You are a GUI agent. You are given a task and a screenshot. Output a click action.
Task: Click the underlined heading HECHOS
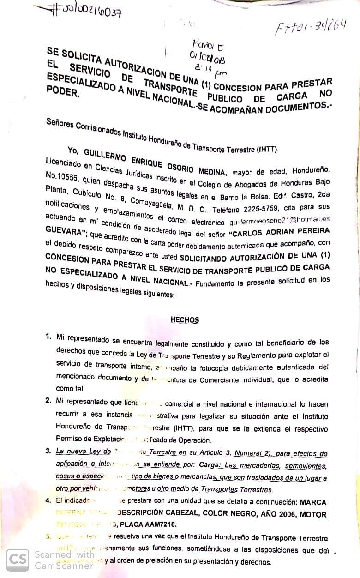pyautogui.click(x=185, y=319)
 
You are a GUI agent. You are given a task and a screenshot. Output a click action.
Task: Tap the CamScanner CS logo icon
pyautogui.click(x=18, y=559)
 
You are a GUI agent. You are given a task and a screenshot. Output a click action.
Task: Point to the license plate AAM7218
pyautogui.click(x=157, y=524)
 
